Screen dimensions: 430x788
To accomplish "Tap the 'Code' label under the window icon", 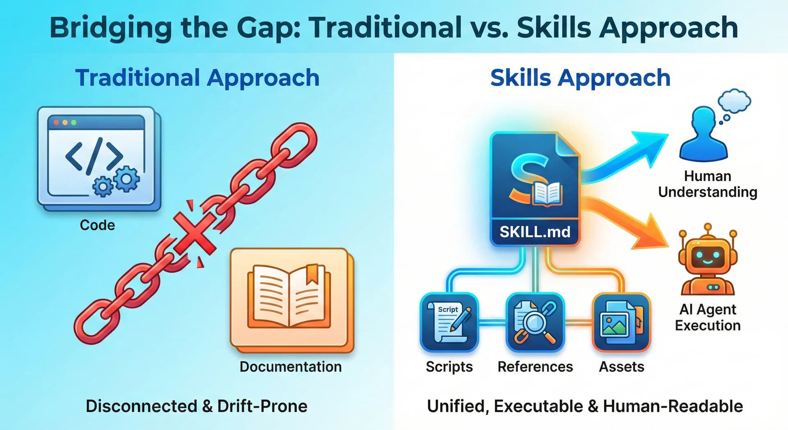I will pos(97,225).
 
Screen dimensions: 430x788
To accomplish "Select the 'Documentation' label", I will pos(291,366).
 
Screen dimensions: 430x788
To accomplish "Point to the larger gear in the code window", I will pos(127,179).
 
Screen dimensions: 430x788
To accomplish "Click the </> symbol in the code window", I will pos(94,156).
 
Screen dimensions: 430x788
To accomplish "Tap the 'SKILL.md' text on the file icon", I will pos(535,232).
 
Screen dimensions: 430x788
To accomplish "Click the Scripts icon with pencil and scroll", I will pos(449,322).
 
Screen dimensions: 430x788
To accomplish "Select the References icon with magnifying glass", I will pos(535,322).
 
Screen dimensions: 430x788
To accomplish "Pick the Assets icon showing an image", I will pos(621,322).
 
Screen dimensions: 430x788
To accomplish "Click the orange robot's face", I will pos(707,258).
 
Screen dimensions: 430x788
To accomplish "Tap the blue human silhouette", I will pos(703,136).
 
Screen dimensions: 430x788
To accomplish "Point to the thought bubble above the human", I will pos(735,101).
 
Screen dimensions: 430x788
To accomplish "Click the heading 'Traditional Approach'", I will pos(197,78).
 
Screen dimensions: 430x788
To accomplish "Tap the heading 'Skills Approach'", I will pos(580,78).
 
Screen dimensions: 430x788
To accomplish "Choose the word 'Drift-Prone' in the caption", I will pos(262,406).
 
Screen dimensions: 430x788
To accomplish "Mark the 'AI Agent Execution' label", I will pos(708,317).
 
